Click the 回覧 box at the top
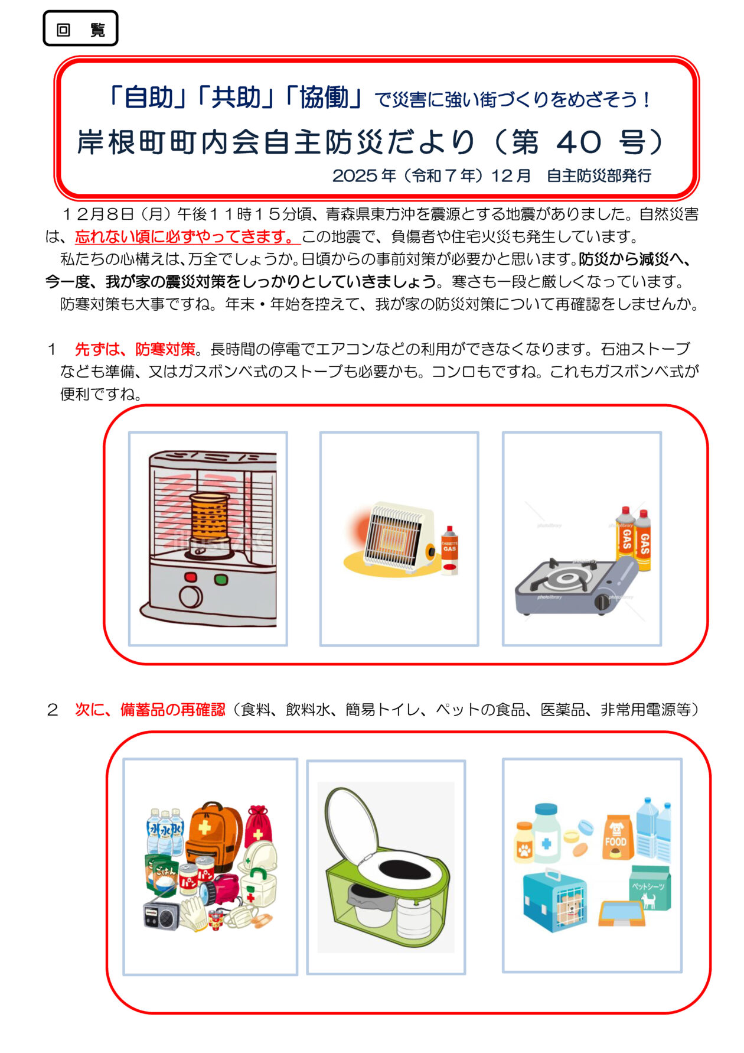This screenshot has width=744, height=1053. pos(80,29)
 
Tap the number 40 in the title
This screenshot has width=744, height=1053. pos(579,142)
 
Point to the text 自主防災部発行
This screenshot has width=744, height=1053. pos(599,175)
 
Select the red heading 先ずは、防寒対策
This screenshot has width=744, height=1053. pos(135,349)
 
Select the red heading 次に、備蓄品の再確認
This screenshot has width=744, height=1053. pos(150,709)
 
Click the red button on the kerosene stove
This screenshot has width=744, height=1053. pos(191,577)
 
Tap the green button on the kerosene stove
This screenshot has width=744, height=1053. pos(221,579)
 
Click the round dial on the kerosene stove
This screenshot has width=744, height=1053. pos(191,597)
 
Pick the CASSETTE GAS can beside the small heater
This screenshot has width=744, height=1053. pos(449,551)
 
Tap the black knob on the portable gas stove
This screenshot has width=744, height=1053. pos(602,602)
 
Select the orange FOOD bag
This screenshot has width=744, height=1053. pos(616,838)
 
